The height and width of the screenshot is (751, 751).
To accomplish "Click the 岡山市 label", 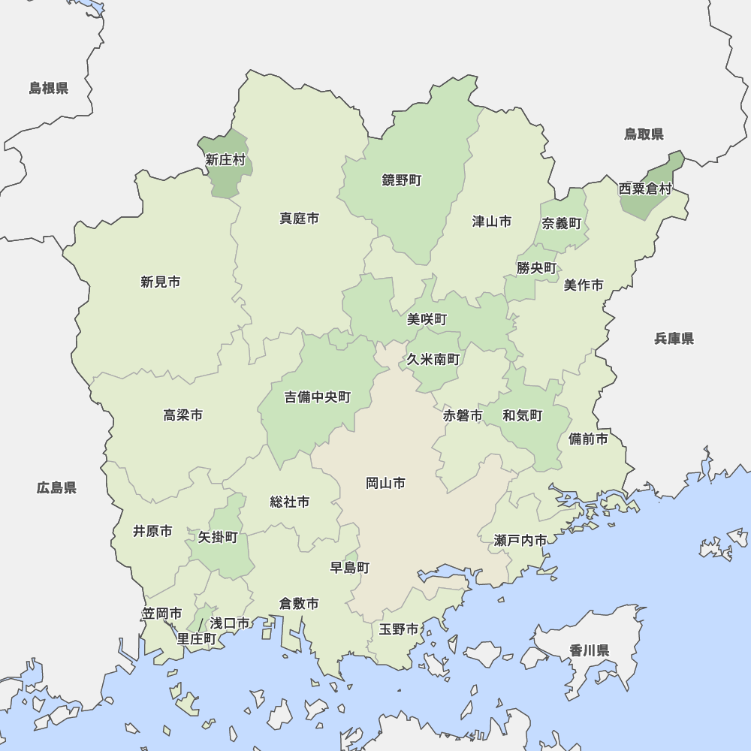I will coord(385,483).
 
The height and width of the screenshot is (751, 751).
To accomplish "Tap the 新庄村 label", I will coord(225,159).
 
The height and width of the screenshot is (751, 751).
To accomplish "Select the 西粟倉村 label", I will coord(644,189).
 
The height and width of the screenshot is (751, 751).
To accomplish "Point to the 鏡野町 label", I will coord(402,180).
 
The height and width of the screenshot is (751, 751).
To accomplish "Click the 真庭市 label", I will coord(299,219).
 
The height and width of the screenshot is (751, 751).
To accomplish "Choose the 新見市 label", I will coord(160,282).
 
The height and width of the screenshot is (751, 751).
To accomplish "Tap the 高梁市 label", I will coord(182,415).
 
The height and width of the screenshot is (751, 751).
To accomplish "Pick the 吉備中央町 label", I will coord(317,397).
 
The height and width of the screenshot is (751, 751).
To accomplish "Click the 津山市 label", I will coord(492,222).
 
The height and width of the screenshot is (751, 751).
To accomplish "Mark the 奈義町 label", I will coord(562,223).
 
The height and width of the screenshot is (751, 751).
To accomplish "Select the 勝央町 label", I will coord(536,268).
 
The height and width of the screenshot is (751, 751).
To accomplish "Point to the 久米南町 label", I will coord(433,360).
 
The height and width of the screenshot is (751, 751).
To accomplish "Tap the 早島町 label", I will coord(350,568).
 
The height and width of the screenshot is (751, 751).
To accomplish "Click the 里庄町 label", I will coord(197,639).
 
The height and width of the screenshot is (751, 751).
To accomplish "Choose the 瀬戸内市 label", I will coord(520,540).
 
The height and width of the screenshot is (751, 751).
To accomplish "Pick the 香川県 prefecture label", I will coord(589,650).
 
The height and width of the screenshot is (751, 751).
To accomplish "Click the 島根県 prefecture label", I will coord(49,89).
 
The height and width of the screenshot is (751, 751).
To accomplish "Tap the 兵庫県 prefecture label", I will coord(674,339).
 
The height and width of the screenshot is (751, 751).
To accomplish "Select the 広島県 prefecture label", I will coord(56,488).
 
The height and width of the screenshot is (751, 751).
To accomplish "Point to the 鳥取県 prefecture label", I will coord(644,134).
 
